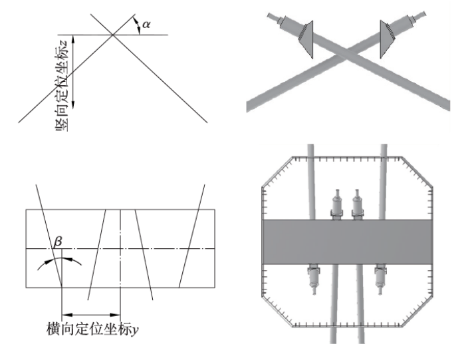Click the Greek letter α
pos(146,25)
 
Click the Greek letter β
pos(58,242)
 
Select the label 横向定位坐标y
pos(92,329)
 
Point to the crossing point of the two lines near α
pos(112,35)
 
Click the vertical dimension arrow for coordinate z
pos(73,72)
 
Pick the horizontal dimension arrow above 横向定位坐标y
pos(91,314)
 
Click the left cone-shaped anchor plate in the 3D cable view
pos(306,39)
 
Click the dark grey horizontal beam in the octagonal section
pos(348,242)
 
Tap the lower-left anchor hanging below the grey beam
pos(314,279)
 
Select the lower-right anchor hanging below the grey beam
pos(381,279)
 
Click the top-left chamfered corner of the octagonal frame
pos(277,172)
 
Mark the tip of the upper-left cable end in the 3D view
pos(268,15)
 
